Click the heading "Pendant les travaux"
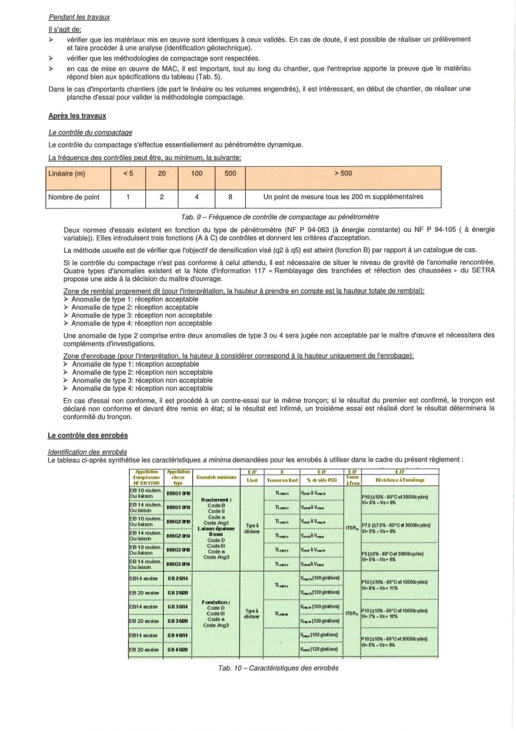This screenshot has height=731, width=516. click(79, 16)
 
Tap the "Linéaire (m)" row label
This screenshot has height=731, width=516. click(67, 174)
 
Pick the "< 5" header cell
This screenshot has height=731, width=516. click(128, 174)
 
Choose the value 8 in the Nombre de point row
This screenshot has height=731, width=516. click(230, 197)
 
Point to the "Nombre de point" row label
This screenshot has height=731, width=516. click(74, 197)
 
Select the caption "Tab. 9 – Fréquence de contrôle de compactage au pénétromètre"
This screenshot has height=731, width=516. click(280, 217)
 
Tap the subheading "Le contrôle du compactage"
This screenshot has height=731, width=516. click(90, 132)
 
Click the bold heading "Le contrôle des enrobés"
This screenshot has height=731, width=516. click(89, 436)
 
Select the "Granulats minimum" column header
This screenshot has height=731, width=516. click(216, 476)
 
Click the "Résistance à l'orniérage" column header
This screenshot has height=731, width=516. click(400, 479)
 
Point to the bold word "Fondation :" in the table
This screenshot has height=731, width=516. click(216, 602)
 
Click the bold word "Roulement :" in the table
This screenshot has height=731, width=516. click(216, 500)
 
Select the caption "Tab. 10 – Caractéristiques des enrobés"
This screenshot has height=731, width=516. click(278, 668)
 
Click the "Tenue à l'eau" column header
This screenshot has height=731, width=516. click(353, 479)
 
